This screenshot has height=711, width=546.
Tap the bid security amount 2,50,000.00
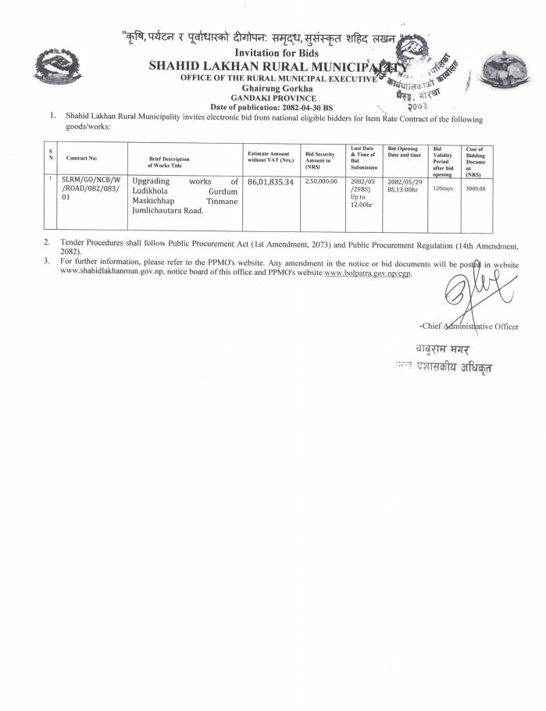[x=320, y=181]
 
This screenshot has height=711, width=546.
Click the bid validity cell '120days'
[x=442, y=189]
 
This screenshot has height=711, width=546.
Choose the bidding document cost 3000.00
[x=474, y=189]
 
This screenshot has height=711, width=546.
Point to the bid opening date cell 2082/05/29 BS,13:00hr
[x=404, y=184]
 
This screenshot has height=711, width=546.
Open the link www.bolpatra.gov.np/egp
[x=366, y=273]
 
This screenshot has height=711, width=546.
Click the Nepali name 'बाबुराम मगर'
[x=444, y=348]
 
